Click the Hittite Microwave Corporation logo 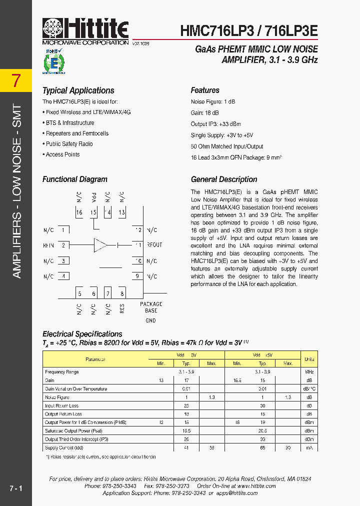(85, 31)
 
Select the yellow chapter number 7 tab (16, 80)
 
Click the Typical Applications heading (78, 90)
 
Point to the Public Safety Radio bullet (69, 144)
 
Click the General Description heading (223, 179)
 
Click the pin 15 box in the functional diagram (93, 213)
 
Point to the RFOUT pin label (154, 245)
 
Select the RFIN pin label (48, 245)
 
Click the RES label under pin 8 (122, 308)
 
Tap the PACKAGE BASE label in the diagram (150, 307)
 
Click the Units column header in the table (309, 359)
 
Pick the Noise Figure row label (57, 397)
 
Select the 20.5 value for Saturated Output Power (262, 431)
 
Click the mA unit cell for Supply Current (309, 448)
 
